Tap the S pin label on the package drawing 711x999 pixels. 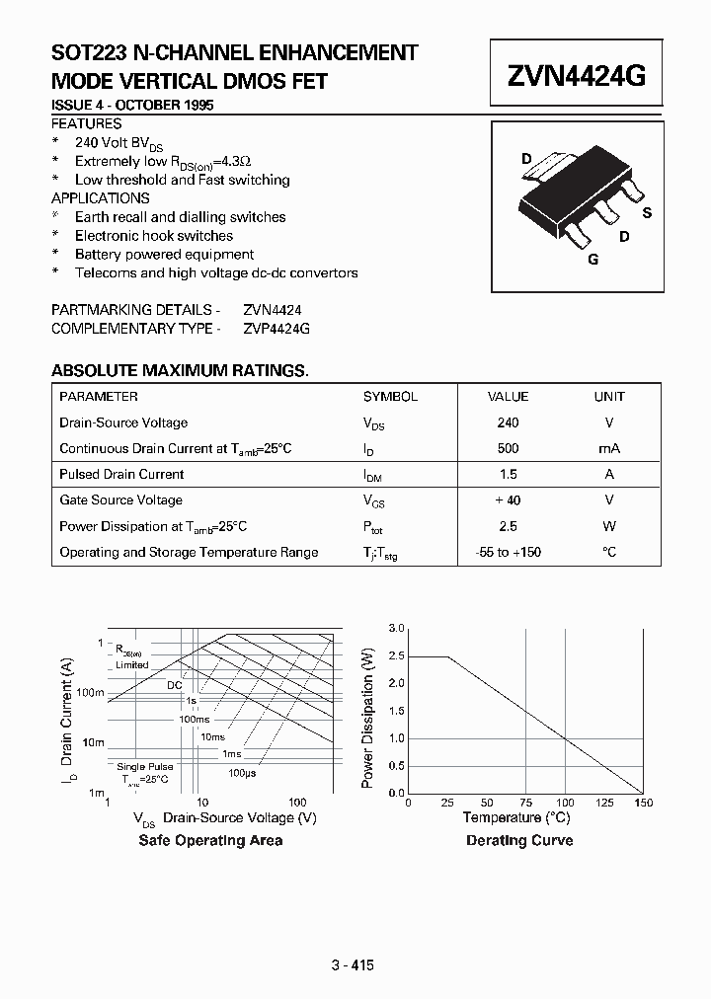click(x=647, y=212)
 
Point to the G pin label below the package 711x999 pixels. click(x=592, y=260)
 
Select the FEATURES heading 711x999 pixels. click(x=87, y=123)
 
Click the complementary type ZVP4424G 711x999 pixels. click(x=276, y=329)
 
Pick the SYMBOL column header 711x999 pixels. click(x=390, y=396)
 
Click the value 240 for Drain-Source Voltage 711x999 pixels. click(x=508, y=423)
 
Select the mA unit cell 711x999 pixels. click(x=609, y=448)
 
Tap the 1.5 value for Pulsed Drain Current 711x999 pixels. click(x=508, y=474)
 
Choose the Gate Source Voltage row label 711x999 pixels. click(x=120, y=500)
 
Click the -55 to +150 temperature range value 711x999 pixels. click(x=508, y=552)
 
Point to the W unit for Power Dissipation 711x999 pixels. click(x=609, y=526)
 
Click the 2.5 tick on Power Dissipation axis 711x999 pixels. click(x=396, y=655)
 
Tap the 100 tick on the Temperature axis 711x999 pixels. click(x=564, y=804)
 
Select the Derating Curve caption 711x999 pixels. click(x=519, y=840)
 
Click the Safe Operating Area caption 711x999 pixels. click(x=210, y=840)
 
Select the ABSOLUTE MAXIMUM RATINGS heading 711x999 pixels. click(x=179, y=370)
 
